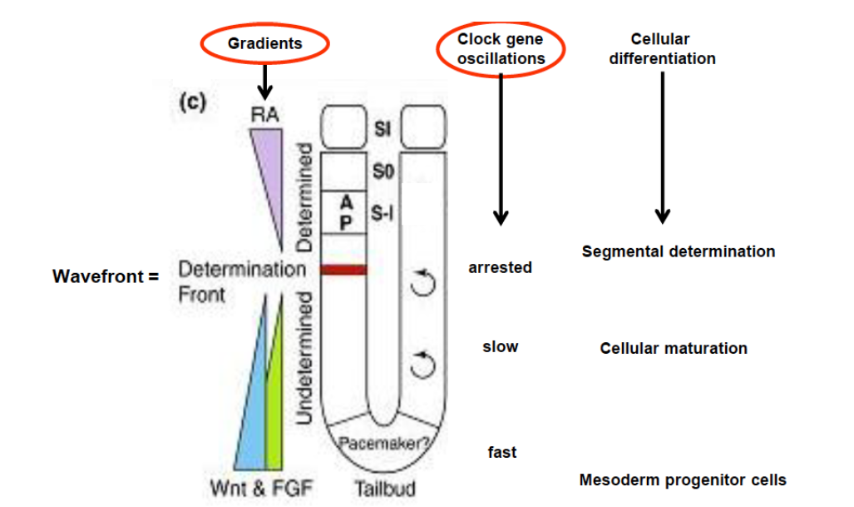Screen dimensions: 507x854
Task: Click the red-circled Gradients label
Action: [264, 43]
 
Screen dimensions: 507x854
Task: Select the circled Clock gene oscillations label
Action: [501, 48]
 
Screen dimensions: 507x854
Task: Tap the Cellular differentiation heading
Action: [662, 49]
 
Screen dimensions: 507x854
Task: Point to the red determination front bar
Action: [343, 269]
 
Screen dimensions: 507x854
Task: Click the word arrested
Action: [500, 268]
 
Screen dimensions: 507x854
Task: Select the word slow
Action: [500, 346]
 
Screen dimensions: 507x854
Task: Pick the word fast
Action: [501, 452]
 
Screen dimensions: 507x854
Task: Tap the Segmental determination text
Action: [678, 251]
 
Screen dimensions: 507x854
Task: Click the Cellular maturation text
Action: [674, 348]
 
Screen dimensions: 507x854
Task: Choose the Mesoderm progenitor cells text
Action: [682, 480]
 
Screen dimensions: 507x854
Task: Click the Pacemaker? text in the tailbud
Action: [383, 443]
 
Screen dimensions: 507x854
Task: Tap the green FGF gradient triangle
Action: [275, 408]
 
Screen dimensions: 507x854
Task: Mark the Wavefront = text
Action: [106, 276]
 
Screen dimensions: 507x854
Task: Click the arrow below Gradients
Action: [264, 82]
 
